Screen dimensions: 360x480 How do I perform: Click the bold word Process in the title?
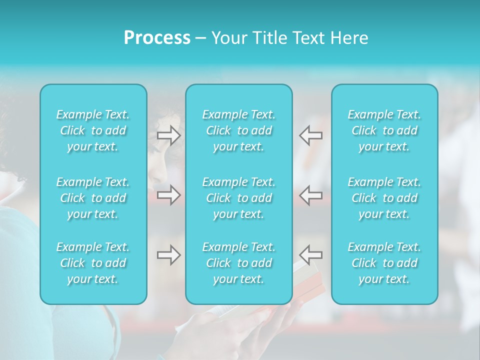pyautogui.click(x=157, y=38)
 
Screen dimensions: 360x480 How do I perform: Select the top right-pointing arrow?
pyautogui.click(x=168, y=135)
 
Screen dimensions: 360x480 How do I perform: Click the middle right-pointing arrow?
pyautogui.click(x=168, y=195)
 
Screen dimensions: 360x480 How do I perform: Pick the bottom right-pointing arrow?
pyautogui.click(x=168, y=255)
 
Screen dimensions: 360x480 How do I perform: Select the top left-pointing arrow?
pyautogui.click(x=311, y=135)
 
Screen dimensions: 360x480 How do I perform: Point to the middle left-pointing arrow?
pyautogui.click(x=311, y=195)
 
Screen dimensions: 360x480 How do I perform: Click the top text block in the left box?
pyautogui.click(x=93, y=130)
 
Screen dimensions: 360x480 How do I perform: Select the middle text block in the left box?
pyautogui.click(x=93, y=198)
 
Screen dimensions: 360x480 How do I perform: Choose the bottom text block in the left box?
pyautogui.click(x=93, y=263)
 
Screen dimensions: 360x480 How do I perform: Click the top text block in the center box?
pyautogui.click(x=239, y=130)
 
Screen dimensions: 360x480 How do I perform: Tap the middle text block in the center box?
pyautogui.click(x=239, y=198)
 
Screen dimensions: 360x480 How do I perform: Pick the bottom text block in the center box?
pyautogui.click(x=239, y=263)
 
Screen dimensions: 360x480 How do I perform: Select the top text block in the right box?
pyautogui.click(x=384, y=130)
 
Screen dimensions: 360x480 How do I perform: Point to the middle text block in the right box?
pyautogui.click(x=384, y=198)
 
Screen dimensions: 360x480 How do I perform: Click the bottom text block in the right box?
pyautogui.click(x=384, y=263)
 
